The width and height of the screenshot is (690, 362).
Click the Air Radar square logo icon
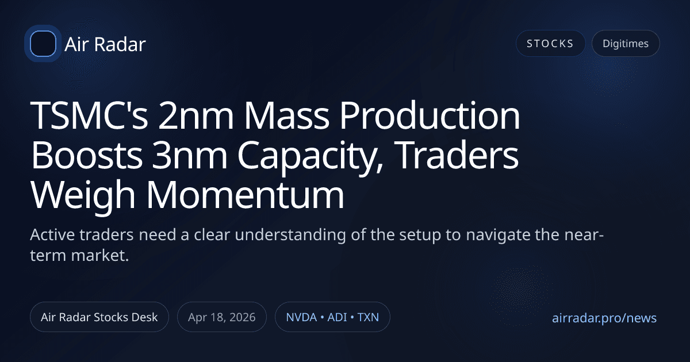[43, 44]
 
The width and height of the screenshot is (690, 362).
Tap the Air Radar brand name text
[105, 44]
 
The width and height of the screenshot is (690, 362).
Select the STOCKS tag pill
[550, 44]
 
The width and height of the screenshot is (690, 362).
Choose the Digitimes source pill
[626, 44]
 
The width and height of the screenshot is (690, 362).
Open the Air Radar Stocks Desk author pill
[99, 317]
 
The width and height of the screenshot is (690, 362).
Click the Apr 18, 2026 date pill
[221, 317]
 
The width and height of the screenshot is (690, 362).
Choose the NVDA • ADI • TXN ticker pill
[332, 317]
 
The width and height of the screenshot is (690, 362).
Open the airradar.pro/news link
[604, 318]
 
